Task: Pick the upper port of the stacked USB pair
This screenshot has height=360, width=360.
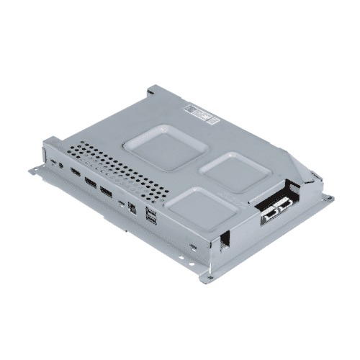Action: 149,212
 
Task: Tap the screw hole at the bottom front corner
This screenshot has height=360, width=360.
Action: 210,277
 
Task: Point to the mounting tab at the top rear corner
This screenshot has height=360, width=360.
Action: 153,91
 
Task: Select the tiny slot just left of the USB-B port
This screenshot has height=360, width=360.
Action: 121,203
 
